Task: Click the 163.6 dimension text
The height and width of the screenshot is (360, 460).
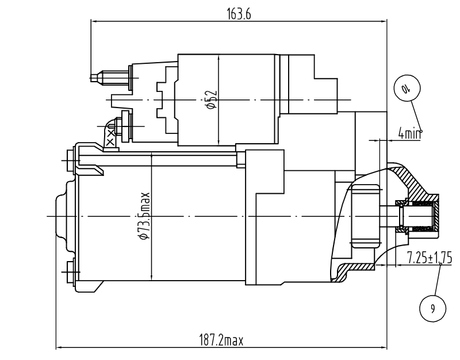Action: pyautogui.click(x=239, y=14)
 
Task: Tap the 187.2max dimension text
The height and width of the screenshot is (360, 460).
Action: pyautogui.click(x=221, y=340)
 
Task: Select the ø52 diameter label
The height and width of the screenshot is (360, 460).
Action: pyautogui.click(x=212, y=99)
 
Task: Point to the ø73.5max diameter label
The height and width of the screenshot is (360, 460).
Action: pyautogui.click(x=145, y=216)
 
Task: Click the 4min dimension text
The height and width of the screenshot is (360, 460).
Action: pyautogui.click(x=409, y=133)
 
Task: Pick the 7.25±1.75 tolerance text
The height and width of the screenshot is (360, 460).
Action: pyautogui.click(x=429, y=258)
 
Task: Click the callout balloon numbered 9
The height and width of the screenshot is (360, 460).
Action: pyautogui.click(x=433, y=308)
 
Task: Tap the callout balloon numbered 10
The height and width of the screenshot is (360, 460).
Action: pyautogui.click(x=407, y=88)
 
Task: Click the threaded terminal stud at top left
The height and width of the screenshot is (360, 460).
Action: pyautogui.click(x=110, y=78)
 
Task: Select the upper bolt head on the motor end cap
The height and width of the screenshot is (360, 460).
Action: pyautogui.click(x=70, y=160)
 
